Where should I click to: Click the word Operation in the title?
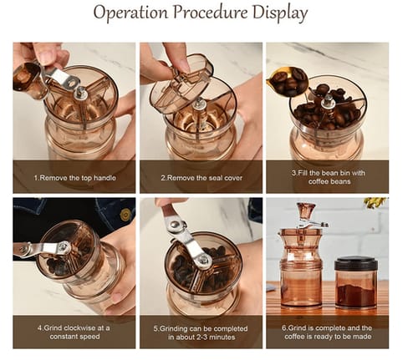[x=130, y=13]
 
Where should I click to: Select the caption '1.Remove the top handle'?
[x=74, y=178]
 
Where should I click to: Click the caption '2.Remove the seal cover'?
[x=201, y=178]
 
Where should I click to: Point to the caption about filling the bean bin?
[x=329, y=177]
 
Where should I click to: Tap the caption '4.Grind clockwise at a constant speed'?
[x=74, y=332]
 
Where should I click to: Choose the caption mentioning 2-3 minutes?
[x=201, y=332]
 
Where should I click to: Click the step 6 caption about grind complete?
[x=327, y=332]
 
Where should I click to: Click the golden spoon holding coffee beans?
[x=288, y=81]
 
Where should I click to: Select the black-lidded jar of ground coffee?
[x=356, y=282]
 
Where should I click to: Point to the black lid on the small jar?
[x=356, y=264]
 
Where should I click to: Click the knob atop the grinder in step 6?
[x=306, y=211]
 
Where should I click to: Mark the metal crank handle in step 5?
[x=188, y=236]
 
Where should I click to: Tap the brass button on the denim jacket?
[x=125, y=214]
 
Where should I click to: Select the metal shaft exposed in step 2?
[x=199, y=106]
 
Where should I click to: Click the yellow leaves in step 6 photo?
[x=375, y=202]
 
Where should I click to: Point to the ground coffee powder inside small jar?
[x=356, y=295]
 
